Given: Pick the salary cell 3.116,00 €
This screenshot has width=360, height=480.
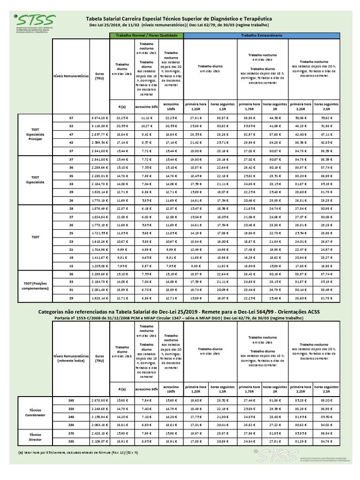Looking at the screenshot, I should point(99,127).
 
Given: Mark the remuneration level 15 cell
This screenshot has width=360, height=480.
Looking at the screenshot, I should point(71,265).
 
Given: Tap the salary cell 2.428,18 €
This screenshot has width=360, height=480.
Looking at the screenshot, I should point(99,434).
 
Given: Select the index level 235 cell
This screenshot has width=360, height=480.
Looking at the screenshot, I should point(71,442).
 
